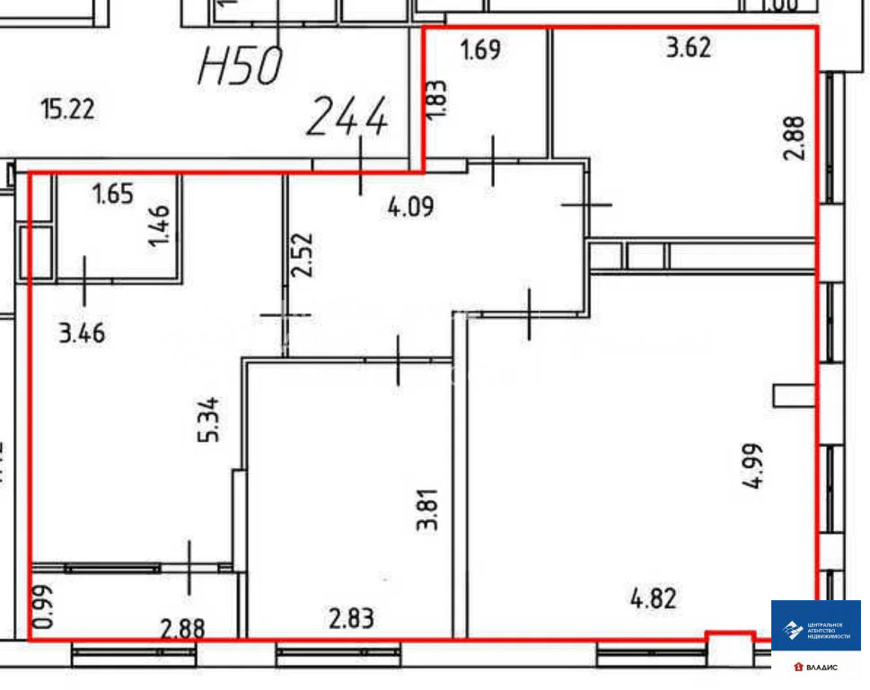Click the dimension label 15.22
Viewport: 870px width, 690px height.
pyautogui.click(x=67, y=110)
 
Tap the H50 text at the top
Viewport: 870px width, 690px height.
pyautogui.click(x=240, y=66)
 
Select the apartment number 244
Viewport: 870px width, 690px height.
pyautogui.click(x=348, y=118)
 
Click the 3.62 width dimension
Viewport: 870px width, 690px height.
pyautogui.click(x=689, y=47)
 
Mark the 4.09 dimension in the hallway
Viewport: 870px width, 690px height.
pyautogui.click(x=410, y=208)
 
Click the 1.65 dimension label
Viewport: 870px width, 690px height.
pyautogui.click(x=113, y=194)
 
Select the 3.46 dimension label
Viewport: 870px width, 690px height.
pyautogui.click(x=82, y=335)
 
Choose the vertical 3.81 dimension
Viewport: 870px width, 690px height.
pyautogui.click(x=429, y=509)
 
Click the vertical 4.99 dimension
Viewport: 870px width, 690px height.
pyautogui.click(x=753, y=464)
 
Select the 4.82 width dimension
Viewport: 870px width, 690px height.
pyautogui.click(x=652, y=597)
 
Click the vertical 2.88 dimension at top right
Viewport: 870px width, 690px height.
pyautogui.click(x=795, y=137)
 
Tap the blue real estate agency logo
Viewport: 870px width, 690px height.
pyautogui.click(x=815, y=625)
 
